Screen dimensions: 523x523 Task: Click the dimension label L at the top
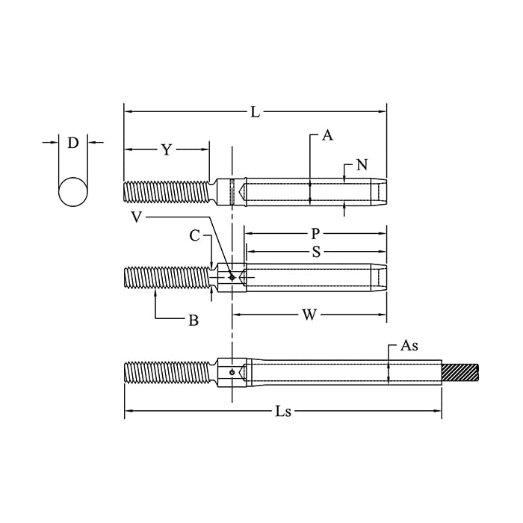pos(256,112)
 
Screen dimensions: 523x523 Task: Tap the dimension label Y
pos(166,150)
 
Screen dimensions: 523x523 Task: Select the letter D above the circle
pos(73,143)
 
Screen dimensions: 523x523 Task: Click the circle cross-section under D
pos(73,191)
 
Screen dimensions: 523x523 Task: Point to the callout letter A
pos(327,135)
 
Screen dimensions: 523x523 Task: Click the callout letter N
pos(362,165)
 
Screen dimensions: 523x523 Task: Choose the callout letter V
pos(137,217)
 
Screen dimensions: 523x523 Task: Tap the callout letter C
pos(194,236)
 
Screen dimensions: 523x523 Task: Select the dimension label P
pos(315,234)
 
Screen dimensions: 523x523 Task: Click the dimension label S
pos(316,252)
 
